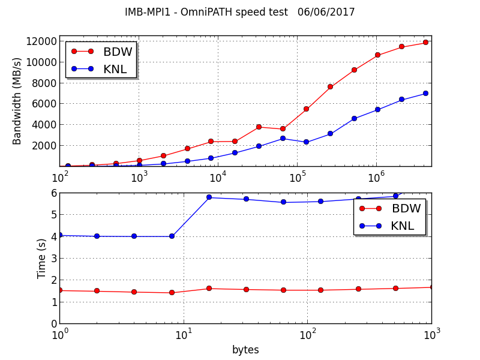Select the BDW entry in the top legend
(x=117, y=52)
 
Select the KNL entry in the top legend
(x=115, y=69)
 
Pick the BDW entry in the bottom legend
(x=406, y=209)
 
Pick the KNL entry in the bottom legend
(x=403, y=226)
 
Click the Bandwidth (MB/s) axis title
(x=17, y=101)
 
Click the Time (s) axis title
(x=42, y=258)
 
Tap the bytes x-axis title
(x=245, y=350)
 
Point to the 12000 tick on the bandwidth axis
(x=41, y=41)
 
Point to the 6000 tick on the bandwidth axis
(x=44, y=104)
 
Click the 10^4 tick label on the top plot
(x=218, y=178)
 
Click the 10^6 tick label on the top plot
(x=376, y=178)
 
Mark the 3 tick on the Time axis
(x=53, y=258)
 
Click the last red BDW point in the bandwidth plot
(x=425, y=43)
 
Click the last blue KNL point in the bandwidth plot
(x=425, y=94)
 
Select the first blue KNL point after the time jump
(x=209, y=197)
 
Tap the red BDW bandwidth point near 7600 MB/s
(x=330, y=87)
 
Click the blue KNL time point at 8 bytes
(x=172, y=236)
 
